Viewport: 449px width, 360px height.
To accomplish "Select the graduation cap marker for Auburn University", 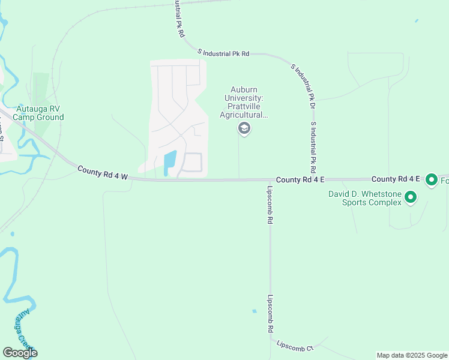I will pyautogui.click(x=244, y=128).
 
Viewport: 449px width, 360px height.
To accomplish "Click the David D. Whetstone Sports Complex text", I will pyautogui.click(x=364, y=198).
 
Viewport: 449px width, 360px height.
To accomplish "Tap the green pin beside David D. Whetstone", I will pyautogui.click(x=411, y=196).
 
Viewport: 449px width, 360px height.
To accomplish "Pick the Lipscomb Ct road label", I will pyautogui.click(x=295, y=346).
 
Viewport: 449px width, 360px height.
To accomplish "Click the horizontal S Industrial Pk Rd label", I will pyautogui.click(x=226, y=53).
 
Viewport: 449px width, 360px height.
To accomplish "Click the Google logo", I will pyautogui.click(x=20, y=353).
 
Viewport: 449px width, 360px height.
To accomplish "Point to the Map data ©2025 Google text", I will pyautogui.click(x=411, y=355).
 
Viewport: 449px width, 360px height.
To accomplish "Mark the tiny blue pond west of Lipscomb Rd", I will pyautogui.click(x=255, y=311).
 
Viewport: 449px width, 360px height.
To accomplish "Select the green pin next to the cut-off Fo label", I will pyautogui.click(x=431, y=179).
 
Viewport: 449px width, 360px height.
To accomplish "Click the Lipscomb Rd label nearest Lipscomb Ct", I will pyautogui.click(x=271, y=313).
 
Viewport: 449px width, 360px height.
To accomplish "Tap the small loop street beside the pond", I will pyautogui.click(x=192, y=163).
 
